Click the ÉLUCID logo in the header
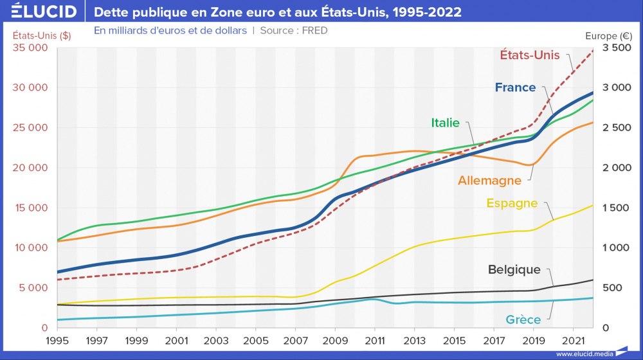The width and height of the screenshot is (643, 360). point(40,12)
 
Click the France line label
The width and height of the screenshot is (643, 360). point(515,87)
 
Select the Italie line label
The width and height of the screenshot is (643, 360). point(445,122)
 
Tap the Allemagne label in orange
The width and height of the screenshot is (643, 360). point(489,181)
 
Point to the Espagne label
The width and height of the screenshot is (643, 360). point(512,203)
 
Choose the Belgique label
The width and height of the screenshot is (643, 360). point(514,269)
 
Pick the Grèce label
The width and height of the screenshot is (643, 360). point(523,318)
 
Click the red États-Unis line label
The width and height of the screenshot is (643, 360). point(530,55)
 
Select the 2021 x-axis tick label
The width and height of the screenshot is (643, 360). point(573,339)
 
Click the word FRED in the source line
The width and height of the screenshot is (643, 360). point(314,30)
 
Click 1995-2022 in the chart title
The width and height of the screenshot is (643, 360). point(429,12)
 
